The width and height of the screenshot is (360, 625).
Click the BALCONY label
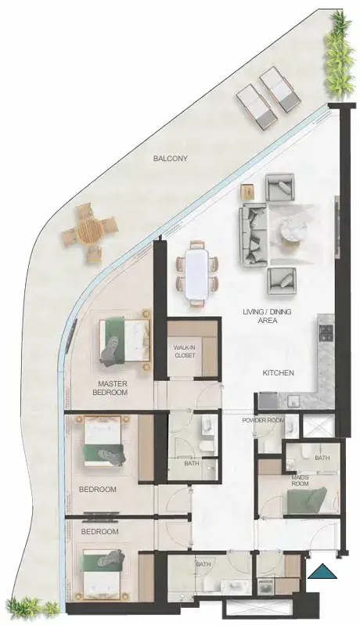click(x=171, y=159)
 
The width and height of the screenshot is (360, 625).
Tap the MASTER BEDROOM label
click(x=113, y=388)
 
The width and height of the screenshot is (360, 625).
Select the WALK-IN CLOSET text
click(x=185, y=351)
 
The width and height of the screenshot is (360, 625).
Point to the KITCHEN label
click(x=279, y=373)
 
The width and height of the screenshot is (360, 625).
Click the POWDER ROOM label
click(x=263, y=421)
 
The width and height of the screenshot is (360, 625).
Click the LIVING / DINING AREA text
click(x=267, y=316)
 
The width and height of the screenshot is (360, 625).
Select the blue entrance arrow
click(x=323, y=572)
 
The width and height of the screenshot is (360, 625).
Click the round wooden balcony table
click(x=89, y=232)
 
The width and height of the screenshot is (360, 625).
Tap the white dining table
click(x=197, y=274)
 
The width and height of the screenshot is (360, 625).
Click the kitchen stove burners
click(x=327, y=332)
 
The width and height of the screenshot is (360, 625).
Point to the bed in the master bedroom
click(x=124, y=339)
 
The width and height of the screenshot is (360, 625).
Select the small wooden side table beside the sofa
click(x=247, y=192)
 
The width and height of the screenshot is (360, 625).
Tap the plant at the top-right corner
click(x=339, y=56)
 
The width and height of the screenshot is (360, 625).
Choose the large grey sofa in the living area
click(x=253, y=235)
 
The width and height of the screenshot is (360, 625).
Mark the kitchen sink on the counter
click(x=295, y=400)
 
